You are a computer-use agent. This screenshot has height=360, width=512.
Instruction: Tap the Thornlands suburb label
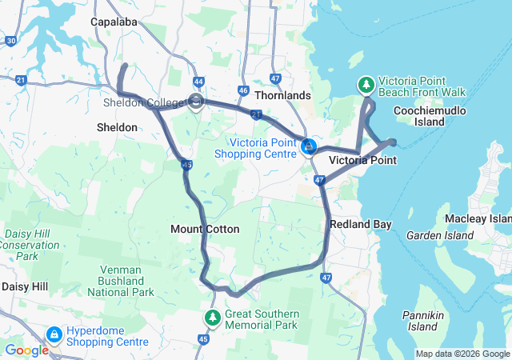282,95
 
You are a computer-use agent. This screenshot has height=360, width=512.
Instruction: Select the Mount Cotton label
205,229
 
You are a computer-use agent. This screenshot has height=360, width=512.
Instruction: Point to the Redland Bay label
361,225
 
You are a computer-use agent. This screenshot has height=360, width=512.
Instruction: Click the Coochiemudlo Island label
441,116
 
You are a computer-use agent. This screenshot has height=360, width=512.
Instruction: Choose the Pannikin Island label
422,321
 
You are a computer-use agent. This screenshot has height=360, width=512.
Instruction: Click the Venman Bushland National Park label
121,281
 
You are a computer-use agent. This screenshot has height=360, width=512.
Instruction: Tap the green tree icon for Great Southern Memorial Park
213,318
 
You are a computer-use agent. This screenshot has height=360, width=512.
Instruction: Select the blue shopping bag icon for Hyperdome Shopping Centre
54,335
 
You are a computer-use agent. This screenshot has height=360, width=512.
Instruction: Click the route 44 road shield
198,81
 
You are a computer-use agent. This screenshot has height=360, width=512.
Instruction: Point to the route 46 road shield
243,90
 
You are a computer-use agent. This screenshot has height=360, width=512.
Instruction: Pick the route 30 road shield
10,40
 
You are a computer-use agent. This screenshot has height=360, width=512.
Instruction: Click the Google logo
26,350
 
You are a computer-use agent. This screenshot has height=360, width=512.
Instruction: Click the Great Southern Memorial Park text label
262,319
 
